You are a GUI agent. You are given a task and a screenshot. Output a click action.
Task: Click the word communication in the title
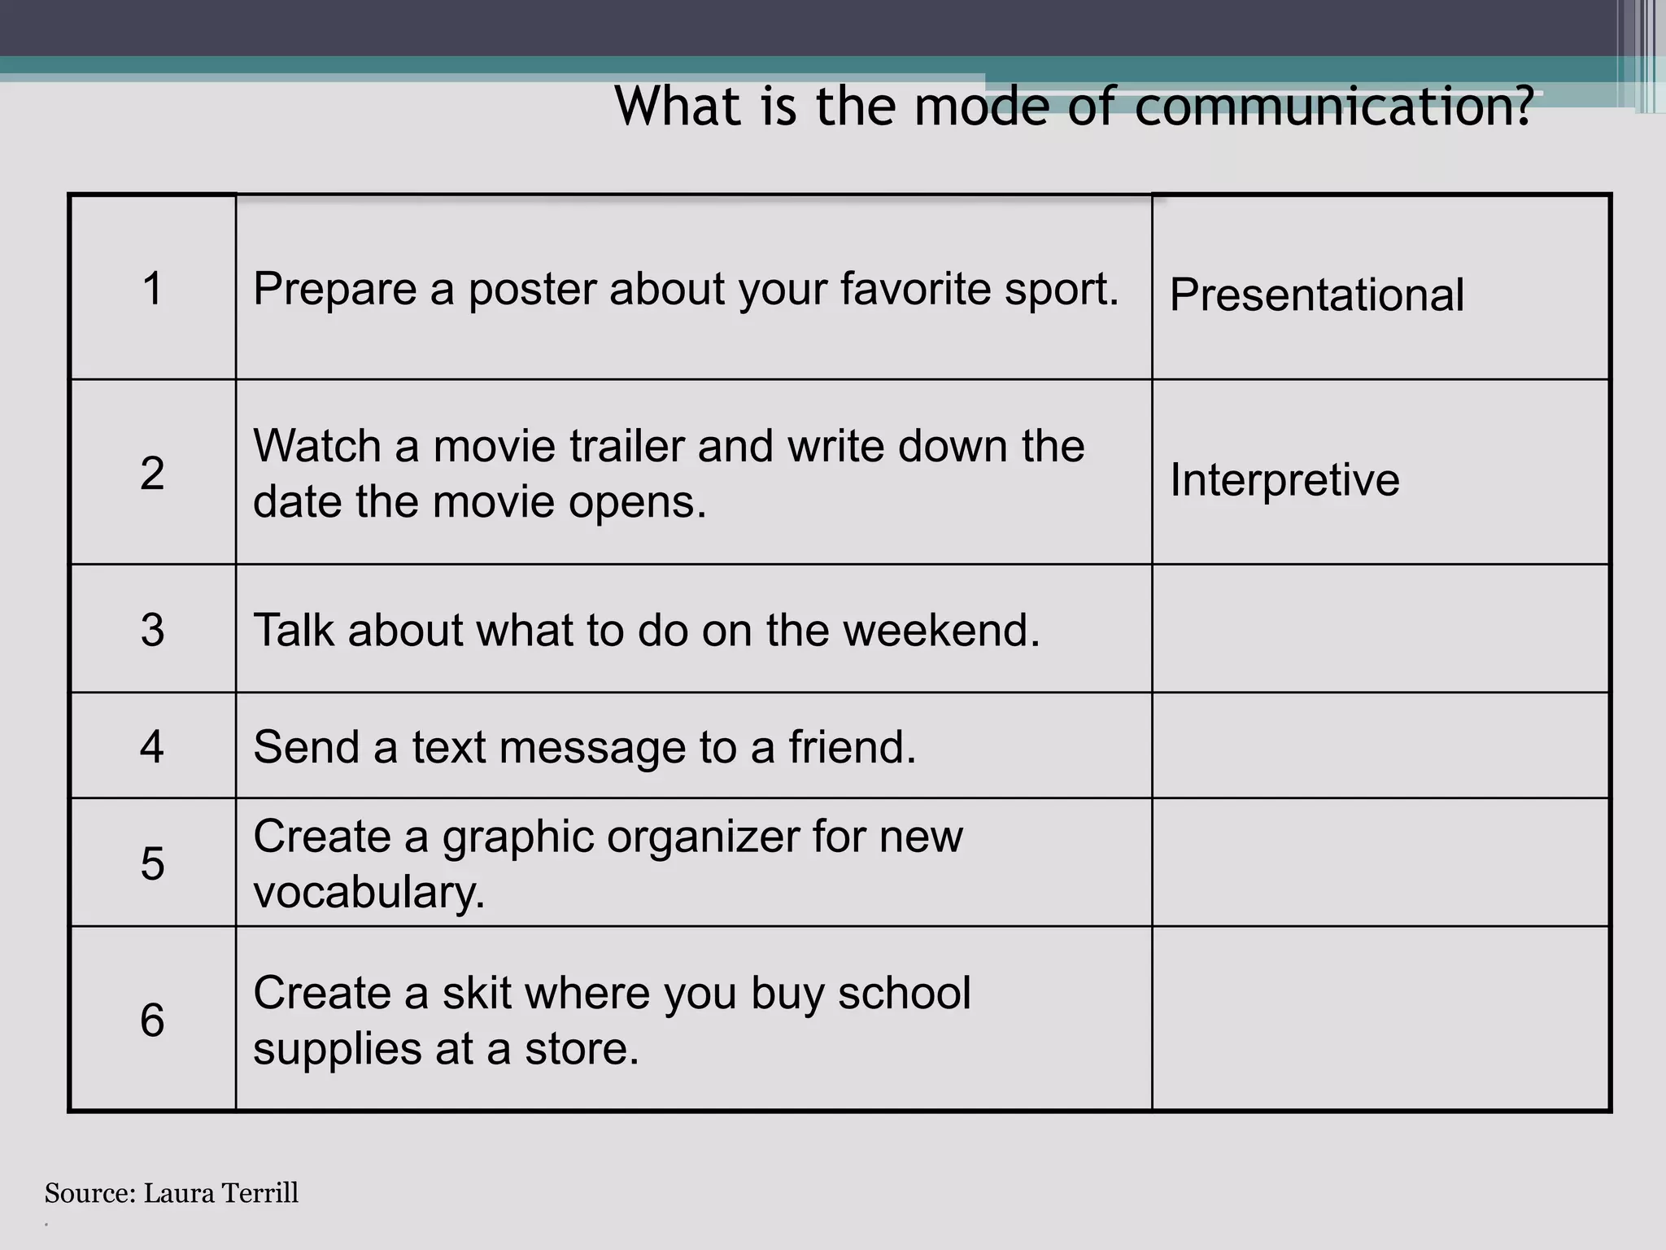click(1332, 107)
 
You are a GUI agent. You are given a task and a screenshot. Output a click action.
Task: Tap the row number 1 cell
click(152, 288)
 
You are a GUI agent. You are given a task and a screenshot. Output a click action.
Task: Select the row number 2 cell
click(152, 473)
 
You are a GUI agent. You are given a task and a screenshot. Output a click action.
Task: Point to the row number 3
click(152, 630)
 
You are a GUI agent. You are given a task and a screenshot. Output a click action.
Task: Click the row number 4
click(152, 746)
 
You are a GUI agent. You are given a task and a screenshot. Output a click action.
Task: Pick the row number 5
click(152, 863)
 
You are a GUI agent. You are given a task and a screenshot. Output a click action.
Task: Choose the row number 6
click(152, 1020)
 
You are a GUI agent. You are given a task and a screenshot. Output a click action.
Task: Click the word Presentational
click(1316, 295)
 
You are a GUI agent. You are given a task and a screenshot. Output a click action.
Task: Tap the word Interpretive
click(1284, 479)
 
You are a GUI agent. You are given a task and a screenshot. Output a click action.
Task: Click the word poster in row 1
click(532, 289)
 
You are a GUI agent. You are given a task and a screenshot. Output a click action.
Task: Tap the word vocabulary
click(369, 893)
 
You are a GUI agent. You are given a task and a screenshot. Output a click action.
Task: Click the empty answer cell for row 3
click(1380, 628)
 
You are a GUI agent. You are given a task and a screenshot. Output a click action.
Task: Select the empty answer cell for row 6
click(1380, 1019)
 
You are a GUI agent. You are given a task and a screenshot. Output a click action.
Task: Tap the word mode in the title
click(982, 107)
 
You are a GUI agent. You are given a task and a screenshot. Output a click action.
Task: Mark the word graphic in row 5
click(517, 837)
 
